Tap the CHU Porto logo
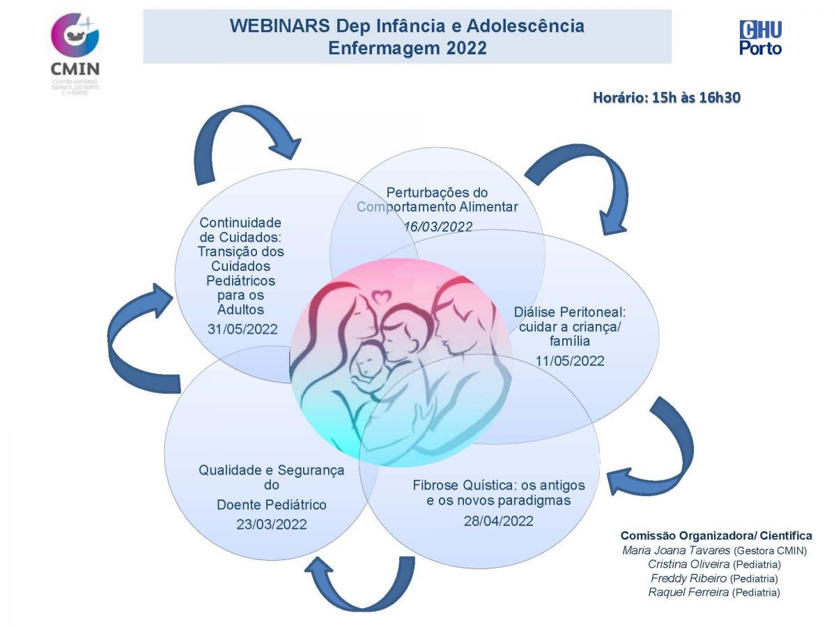point(760,38)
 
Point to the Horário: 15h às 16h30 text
point(666,98)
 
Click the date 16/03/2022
point(438,226)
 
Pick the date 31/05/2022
point(242,329)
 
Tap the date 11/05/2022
point(570,360)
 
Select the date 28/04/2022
point(498,520)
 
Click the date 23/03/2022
point(271,525)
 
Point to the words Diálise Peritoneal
point(570,312)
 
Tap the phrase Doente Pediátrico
point(271,504)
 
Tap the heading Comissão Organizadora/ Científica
point(716,536)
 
